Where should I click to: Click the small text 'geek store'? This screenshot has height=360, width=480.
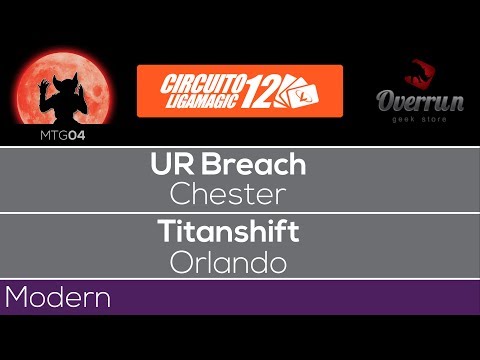(x=420, y=119)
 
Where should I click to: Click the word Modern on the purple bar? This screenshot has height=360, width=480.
(x=57, y=298)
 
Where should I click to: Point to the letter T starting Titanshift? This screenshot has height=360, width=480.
(x=165, y=231)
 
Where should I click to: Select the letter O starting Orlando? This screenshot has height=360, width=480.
(x=182, y=262)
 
